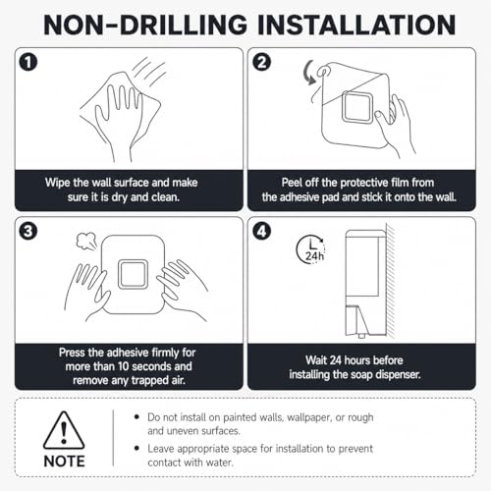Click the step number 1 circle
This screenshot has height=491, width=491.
[28, 62]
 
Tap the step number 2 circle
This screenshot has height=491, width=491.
[262, 62]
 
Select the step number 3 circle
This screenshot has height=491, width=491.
[28, 232]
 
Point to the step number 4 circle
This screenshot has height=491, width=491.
[262, 232]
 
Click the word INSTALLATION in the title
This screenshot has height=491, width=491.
[356, 25]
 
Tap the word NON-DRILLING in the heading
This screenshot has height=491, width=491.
[145, 25]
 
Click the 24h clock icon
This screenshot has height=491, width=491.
[311, 249]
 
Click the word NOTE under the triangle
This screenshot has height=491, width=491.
[64, 462]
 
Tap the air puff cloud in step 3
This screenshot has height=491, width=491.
[86, 241]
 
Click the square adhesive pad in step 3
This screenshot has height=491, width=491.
[133, 274]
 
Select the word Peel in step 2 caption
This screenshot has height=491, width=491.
[292, 183]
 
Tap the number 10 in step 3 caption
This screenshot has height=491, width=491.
[124, 366]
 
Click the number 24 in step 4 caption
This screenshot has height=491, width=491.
[336, 360]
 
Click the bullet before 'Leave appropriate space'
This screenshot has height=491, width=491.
[136, 448]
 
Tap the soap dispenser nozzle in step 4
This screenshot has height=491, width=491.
[361, 336]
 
